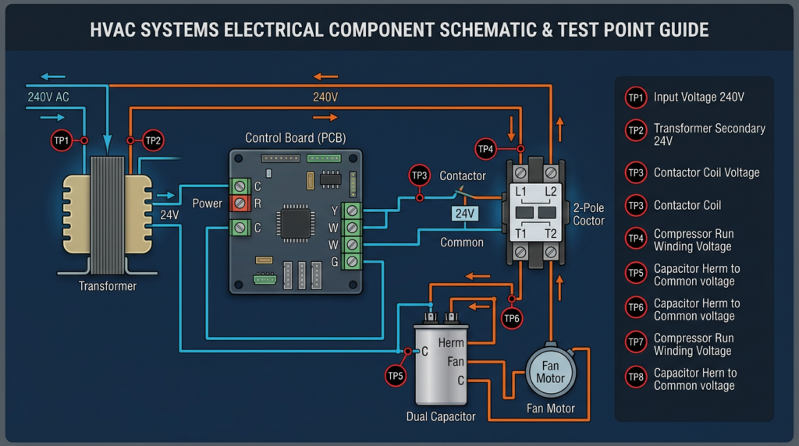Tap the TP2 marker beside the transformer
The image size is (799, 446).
point(153,141)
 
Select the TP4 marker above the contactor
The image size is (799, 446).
point(485,148)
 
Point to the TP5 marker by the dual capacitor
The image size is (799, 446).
point(396,376)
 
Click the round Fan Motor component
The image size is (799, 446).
point(550,372)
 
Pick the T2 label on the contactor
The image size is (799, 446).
point(549,233)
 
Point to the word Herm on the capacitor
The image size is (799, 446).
point(450,343)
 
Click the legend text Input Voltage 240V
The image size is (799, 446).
point(698,97)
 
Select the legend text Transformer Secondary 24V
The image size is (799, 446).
point(708,134)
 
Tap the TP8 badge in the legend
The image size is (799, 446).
point(635,379)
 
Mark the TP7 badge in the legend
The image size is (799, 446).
point(635,344)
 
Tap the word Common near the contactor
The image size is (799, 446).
point(462,242)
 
